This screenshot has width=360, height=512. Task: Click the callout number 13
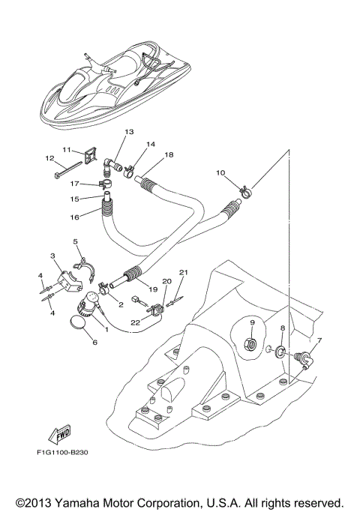pyautogui.click(x=129, y=132)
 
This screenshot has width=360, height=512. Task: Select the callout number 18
pyautogui.click(x=169, y=154)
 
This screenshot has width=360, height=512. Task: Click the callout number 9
pyautogui.click(x=253, y=323)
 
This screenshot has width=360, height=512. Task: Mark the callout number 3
pyautogui.click(x=52, y=256)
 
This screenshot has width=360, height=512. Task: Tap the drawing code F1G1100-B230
pyautogui.click(x=67, y=453)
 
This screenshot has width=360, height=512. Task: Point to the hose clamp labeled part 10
pyautogui.click(x=242, y=192)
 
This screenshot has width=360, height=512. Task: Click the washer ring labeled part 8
pyautogui.click(x=280, y=352)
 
